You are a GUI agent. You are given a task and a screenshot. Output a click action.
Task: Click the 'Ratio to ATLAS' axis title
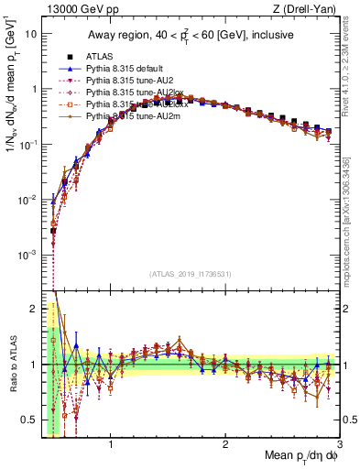click(x=12, y=364)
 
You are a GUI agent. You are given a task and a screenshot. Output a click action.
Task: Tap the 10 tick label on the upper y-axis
click(x=29, y=34)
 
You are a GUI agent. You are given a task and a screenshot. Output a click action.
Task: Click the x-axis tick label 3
click(x=340, y=442)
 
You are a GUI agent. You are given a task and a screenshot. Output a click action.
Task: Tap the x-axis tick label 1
click(x=111, y=442)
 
